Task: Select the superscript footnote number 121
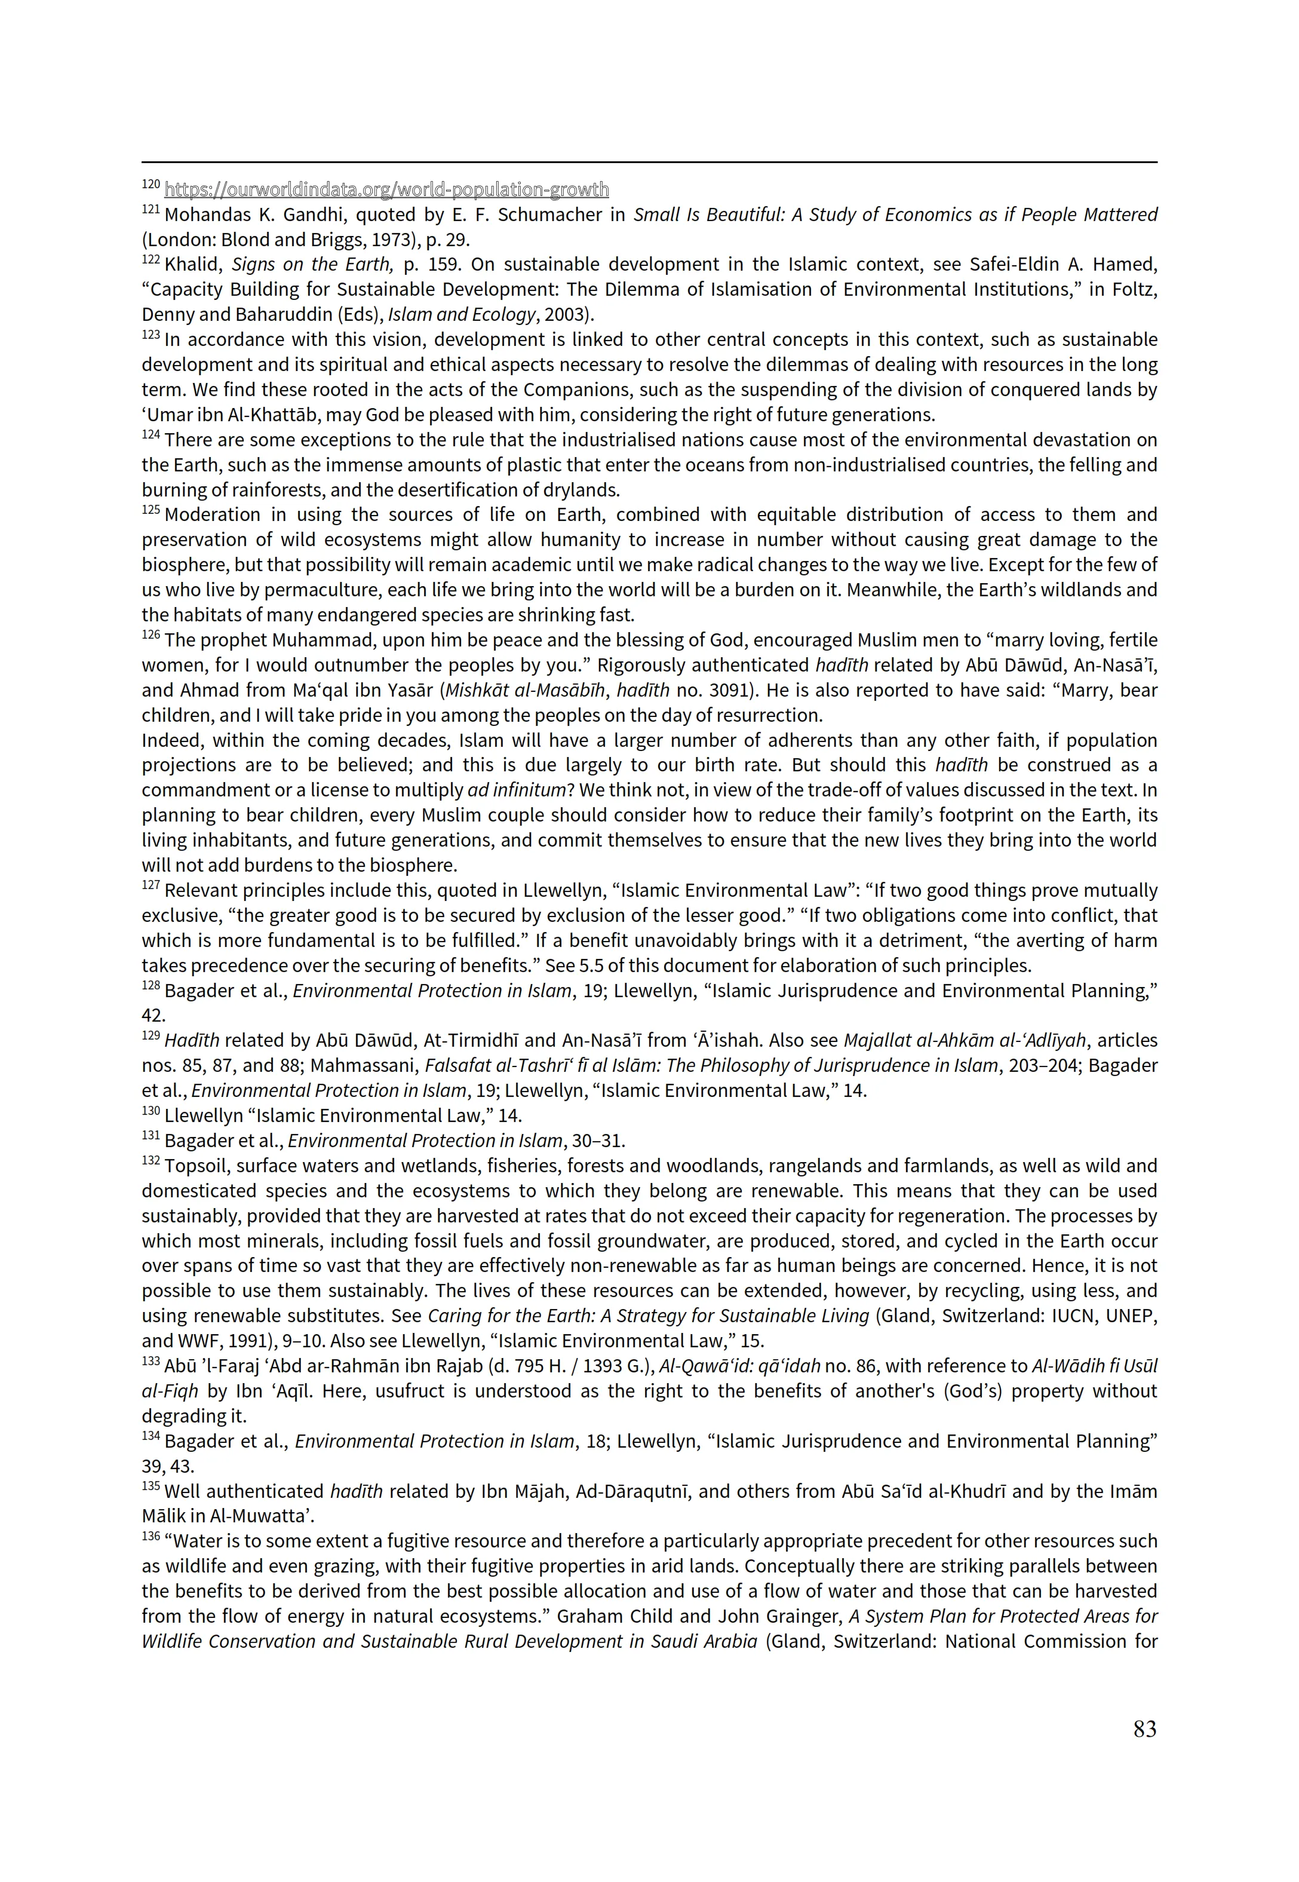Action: pos(151,210)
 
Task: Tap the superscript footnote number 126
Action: pos(151,635)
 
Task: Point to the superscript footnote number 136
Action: pos(151,1536)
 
